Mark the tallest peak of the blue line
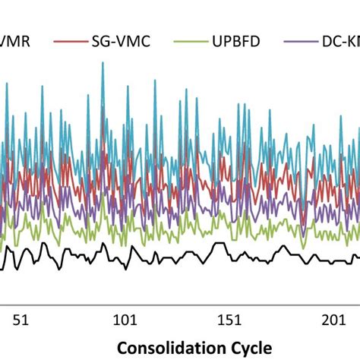point(103,63)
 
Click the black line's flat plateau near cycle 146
point(219,245)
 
